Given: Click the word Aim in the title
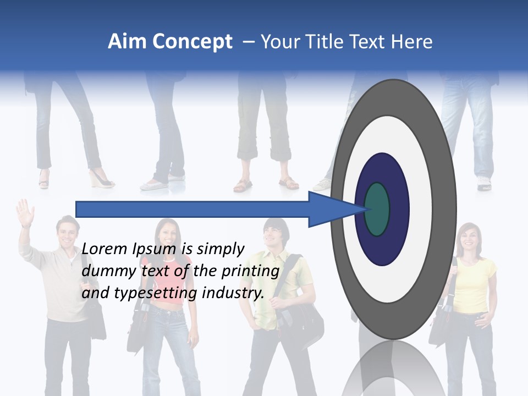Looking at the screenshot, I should point(127,42).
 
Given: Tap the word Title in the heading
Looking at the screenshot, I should point(324,42).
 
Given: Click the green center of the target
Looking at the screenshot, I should point(377,209).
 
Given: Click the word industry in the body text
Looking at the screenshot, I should point(233,293).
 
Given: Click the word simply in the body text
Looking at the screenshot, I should point(220,249).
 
